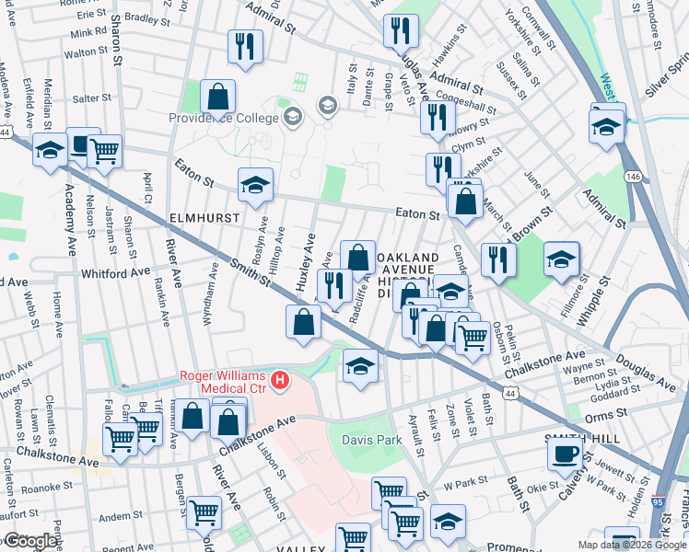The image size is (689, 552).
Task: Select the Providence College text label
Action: [223, 119]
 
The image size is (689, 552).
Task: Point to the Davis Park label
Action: [372, 440]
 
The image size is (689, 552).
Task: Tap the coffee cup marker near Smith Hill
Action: [565, 452]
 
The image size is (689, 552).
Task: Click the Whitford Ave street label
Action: [115, 273]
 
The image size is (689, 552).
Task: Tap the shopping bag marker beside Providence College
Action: [217, 96]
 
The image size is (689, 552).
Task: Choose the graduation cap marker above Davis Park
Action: [360, 366]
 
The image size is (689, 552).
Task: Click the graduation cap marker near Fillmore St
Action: [561, 259]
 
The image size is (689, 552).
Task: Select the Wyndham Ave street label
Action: [214, 292]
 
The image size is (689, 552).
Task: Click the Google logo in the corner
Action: [30, 541]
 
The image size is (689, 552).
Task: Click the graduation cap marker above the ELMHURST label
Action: [255, 185]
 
